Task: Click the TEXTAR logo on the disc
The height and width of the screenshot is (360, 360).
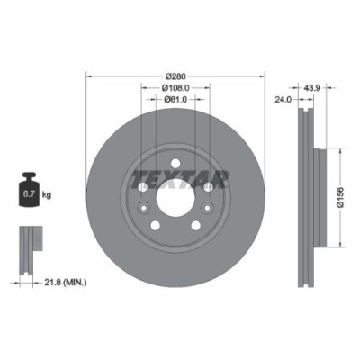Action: (x=175, y=175)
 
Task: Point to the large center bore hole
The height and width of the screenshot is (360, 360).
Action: (x=175, y=190)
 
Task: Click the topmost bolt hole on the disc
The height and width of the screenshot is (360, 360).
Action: (x=175, y=155)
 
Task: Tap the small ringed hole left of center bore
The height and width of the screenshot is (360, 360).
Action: (x=144, y=186)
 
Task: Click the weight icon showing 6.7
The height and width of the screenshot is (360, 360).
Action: (x=29, y=191)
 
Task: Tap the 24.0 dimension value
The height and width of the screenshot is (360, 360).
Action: (x=284, y=101)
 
